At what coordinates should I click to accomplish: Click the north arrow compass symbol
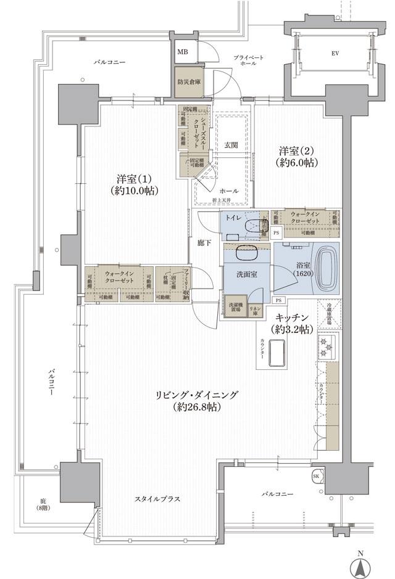(x=362, y=565)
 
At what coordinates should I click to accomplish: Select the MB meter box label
(x=182, y=52)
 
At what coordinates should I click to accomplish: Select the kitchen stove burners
(x=326, y=349)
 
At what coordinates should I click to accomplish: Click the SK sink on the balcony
(x=316, y=477)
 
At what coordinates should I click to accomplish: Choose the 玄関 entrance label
(x=231, y=145)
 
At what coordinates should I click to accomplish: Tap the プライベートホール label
(x=249, y=60)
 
